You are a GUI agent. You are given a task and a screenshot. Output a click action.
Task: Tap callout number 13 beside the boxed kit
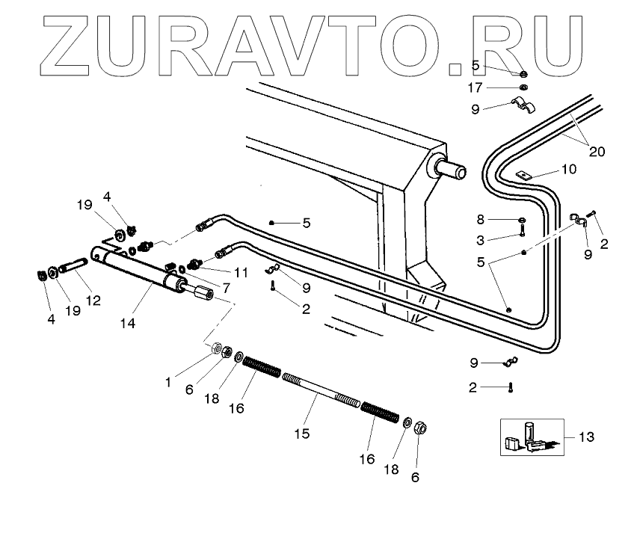tap(587, 436)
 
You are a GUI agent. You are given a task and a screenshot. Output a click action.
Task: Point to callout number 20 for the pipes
tap(596, 151)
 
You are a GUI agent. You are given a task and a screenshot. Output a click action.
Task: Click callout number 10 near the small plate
tap(568, 170)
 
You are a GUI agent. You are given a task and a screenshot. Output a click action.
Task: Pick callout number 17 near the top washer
tap(496, 87)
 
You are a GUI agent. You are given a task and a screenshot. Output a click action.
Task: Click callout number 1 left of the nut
tap(169, 381)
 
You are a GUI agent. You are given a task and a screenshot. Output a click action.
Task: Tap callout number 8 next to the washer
tap(481, 220)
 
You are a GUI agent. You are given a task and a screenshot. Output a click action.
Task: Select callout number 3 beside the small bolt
tap(481, 239)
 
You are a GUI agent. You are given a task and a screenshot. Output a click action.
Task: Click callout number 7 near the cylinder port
tap(227, 287)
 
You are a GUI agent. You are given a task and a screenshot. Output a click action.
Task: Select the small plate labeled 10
tap(523, 176)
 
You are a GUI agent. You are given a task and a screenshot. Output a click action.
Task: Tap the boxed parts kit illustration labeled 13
tap(529, 437)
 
